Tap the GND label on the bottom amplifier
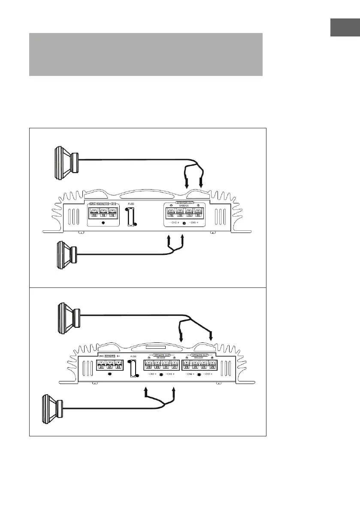(x=101, y=356)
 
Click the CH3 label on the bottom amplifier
(x=208, y=375)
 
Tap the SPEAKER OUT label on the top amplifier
(x=185, y=202)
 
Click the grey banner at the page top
(x=145, y=54)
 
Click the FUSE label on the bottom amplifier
(x=133, y=357)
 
